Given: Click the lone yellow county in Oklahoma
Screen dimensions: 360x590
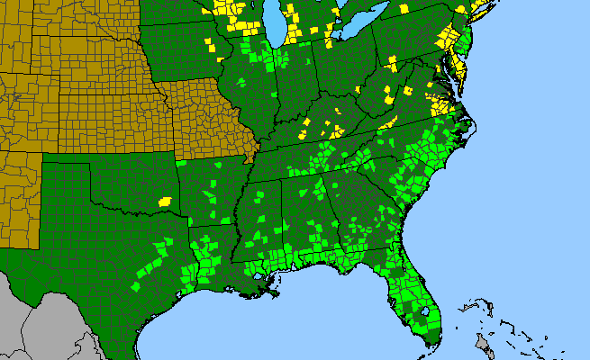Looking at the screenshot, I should [x=165, y=201].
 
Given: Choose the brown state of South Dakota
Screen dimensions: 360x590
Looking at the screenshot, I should [x=72, y=18].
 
